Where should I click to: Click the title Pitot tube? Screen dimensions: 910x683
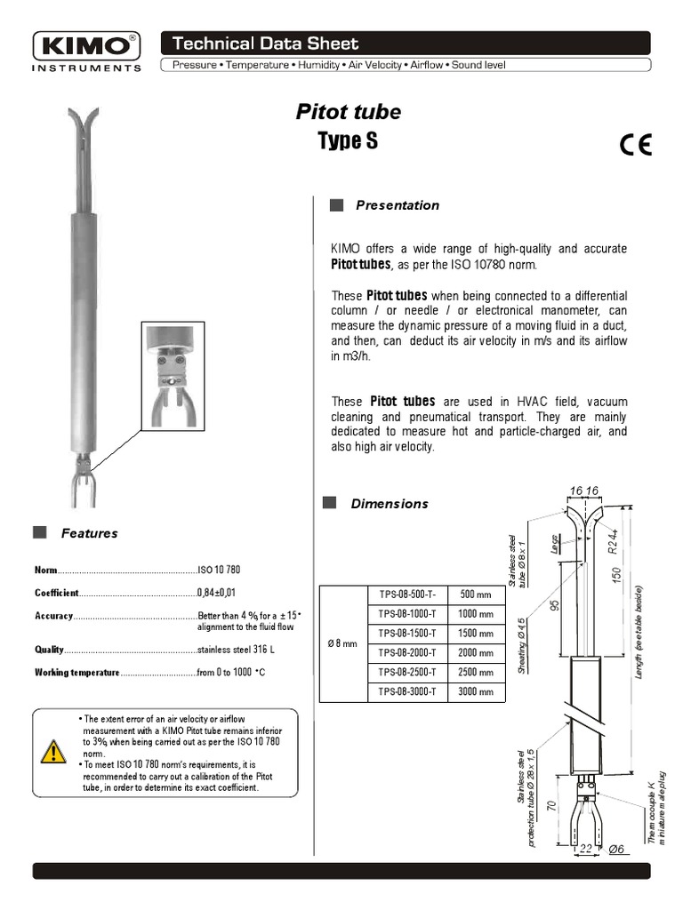coord(348,112)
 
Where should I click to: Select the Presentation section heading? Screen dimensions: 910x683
coord(397,205)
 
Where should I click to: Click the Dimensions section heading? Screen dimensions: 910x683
coord(389,504)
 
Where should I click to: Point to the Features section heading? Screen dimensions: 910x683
coord(89,533)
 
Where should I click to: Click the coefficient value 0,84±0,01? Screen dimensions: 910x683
coord(215,593)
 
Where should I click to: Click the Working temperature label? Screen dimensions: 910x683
coord(76,673)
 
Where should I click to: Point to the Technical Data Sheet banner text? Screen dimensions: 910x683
coord(265,44)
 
